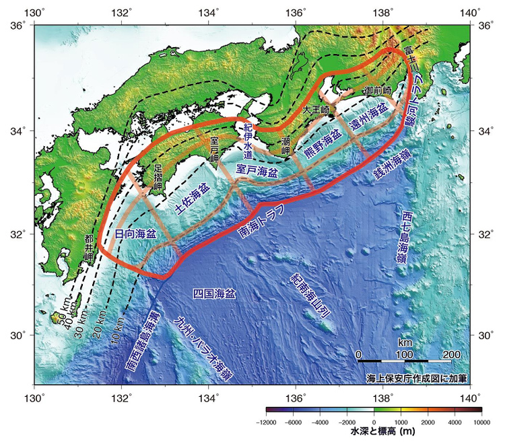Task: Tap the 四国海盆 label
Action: tap(214, 294)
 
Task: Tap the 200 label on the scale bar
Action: tap(451, 354)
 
